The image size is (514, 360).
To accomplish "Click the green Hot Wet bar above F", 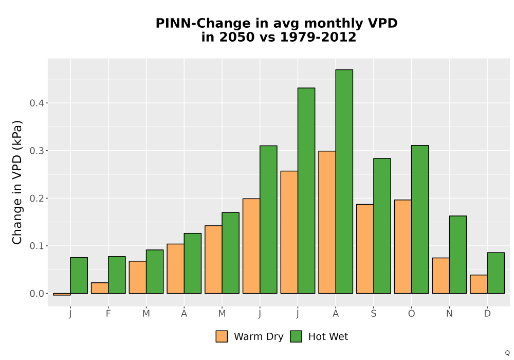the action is tap(117, 275).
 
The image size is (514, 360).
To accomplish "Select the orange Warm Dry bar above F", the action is tap(100, 288).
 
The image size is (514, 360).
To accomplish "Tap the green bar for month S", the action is tap(382, 226).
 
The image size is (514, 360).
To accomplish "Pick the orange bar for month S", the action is tap(365, 249).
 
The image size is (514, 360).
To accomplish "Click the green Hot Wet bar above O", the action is tap(420, 220).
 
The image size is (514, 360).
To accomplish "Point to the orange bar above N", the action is tap(441, 276).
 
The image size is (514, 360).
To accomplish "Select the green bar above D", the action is tap(496, 273).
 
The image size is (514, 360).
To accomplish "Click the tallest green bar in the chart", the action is tap(344, 182).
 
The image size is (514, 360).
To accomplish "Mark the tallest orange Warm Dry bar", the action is tap(327, 222).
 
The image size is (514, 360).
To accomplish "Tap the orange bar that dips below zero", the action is tap(62, 294).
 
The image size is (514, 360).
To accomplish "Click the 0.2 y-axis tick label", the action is tap(36, 199).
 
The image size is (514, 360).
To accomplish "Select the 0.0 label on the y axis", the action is tap(36, 294).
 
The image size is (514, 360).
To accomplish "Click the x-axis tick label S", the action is tap(374, 314).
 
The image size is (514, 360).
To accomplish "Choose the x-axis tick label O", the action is tap(411, 314).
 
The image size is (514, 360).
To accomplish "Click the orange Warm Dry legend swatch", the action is tap(222, 336).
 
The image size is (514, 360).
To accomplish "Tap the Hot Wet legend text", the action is tap(328, 337).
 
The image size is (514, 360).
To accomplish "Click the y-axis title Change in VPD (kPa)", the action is tap(17, 182).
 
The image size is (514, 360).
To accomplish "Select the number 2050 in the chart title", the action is tap(236, 37).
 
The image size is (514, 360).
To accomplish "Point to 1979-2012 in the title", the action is tap(318, 37).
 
